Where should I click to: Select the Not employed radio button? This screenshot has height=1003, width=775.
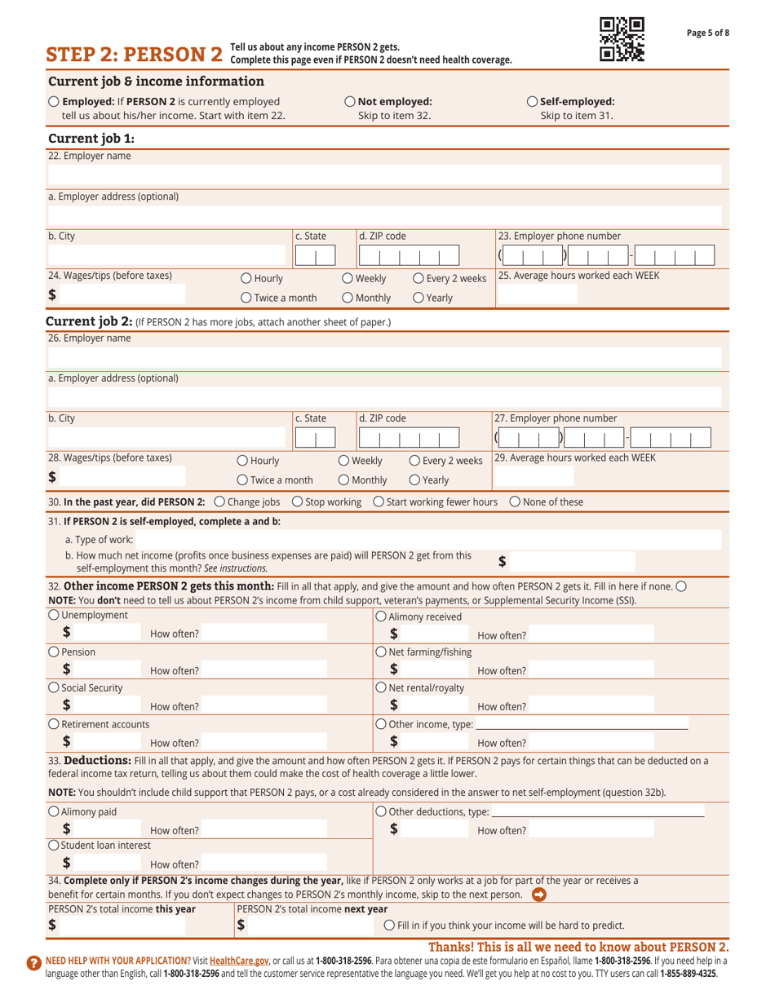point(351,102)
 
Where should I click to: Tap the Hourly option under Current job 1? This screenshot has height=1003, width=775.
point(246,279)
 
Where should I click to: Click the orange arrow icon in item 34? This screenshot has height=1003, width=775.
point(538,894)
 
